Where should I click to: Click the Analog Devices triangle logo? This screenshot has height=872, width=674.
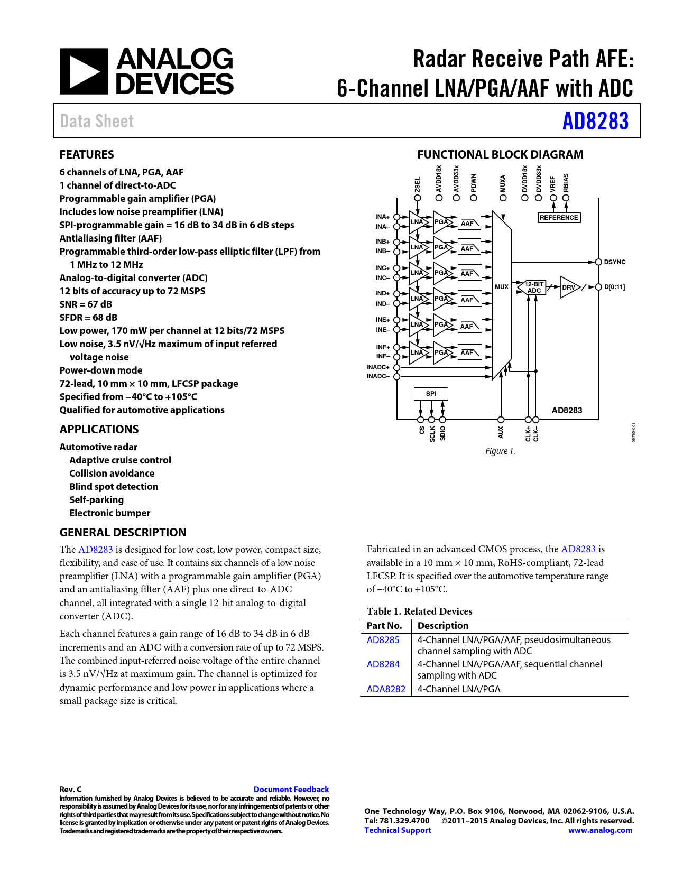(84, 71)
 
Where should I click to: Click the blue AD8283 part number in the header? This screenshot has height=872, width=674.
(595, 121)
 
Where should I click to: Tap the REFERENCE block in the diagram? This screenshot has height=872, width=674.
(559, 217)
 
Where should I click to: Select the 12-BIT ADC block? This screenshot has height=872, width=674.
(534, 287)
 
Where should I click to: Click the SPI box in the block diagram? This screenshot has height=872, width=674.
(431, 393)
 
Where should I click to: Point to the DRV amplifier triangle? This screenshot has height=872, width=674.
(569, 287)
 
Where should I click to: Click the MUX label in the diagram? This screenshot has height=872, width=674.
(501, 287)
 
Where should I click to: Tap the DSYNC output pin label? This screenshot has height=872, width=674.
(614, 262)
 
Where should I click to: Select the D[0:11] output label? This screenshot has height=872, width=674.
(614, 287)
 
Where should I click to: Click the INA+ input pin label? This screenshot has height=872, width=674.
(382, 217)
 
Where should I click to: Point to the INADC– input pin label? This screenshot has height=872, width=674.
(378, 376)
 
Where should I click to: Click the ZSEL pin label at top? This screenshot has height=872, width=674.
(418, 184)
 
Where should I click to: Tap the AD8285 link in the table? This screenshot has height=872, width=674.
(383, 640)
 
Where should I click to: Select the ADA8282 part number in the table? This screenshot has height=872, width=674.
(386, 689)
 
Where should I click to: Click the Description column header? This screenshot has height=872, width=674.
(443, 626)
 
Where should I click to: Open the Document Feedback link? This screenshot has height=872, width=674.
(291, 789)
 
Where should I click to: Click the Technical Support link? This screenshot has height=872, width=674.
(398, 830)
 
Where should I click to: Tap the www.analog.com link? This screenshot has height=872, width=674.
(600, 830)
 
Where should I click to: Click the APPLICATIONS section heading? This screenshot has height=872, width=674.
(99, 430)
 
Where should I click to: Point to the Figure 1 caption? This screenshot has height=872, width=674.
(500, 451)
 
